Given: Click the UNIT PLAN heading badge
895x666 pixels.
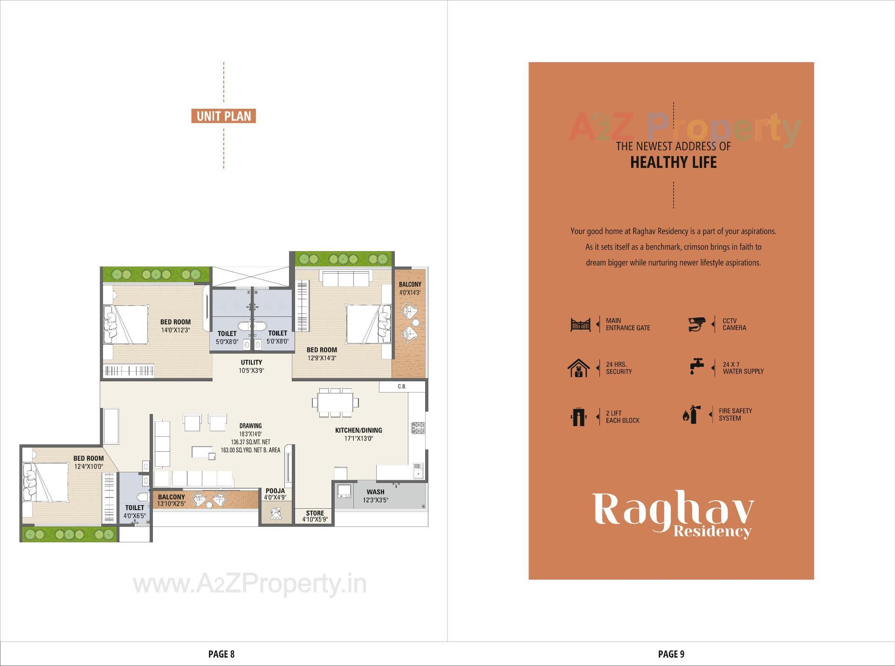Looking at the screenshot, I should [x=223, y=116].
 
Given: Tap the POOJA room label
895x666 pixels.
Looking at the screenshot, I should [x=275, y=491].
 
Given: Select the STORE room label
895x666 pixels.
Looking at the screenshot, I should [x=315, y=513].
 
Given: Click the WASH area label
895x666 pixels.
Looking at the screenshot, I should [x=375, y=492].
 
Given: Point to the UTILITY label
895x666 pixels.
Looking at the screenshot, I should [x=251, y=362].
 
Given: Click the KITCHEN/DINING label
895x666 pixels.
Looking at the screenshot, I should [x=358, y=430].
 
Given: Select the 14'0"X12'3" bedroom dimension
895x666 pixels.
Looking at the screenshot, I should [x=175, y=330].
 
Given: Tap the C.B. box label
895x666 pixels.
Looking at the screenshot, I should [x=402, y=386].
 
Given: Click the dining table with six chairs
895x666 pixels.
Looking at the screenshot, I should [x=335, y=402].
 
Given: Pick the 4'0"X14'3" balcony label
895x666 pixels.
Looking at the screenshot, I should [x=410, y=292].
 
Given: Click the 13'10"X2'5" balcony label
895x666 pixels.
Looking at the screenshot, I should [x=171, y=504].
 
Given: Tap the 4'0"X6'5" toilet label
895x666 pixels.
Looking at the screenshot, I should [x=134, y=516].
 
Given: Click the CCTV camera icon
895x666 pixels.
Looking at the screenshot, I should [x=697, y=324].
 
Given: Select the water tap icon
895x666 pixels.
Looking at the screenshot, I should [x=696, y=366].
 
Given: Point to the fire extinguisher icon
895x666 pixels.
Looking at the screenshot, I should [x=692, y=414].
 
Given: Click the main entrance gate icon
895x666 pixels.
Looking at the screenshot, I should [x=580, y=324].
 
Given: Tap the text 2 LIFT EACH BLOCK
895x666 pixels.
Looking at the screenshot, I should [x=622, y=417].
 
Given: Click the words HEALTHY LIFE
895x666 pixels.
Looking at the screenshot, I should [x=673, y=162].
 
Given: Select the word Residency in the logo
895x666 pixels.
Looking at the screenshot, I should [x=712, y=531].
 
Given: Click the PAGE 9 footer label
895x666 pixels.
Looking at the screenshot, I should [x=671, y=654].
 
